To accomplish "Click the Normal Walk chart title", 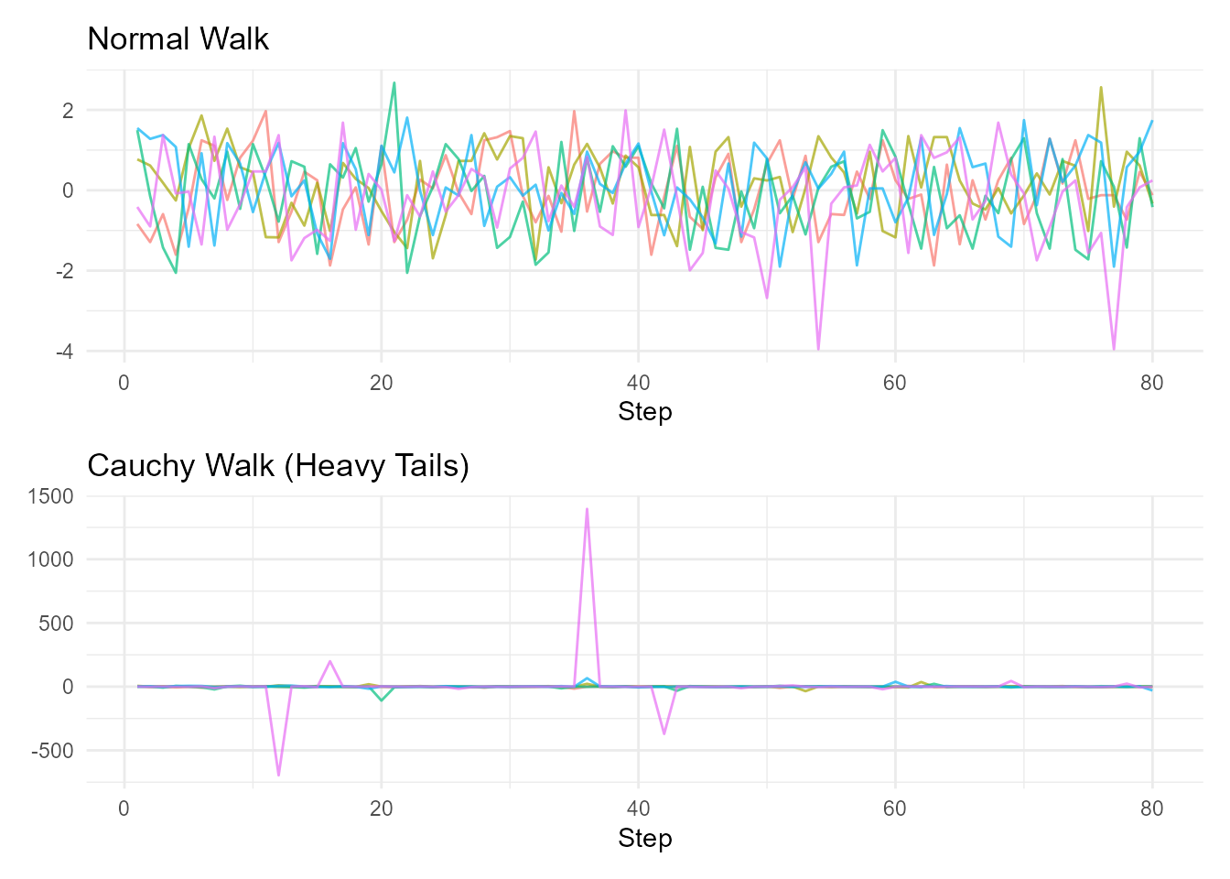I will pos(178,39).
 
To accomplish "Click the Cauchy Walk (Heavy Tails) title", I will pos(277,466).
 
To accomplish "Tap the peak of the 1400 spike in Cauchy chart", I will pos(587,508).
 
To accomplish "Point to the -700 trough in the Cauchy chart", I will pos(278,775).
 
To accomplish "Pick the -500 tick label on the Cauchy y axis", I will pos(56,751).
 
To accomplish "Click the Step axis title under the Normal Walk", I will pos(644,412).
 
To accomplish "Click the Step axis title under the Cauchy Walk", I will pos(644,839).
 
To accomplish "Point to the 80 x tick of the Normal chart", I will pos(1151,383).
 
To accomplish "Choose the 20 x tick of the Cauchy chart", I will pos(381,808).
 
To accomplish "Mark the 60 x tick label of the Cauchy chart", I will pos(894,808).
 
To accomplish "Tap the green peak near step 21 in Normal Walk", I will pos(394,83).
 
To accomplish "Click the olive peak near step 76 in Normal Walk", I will pos(1101,88).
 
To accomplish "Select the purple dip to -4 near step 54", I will pos(818,349).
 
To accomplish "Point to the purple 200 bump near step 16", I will pos(329,661).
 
